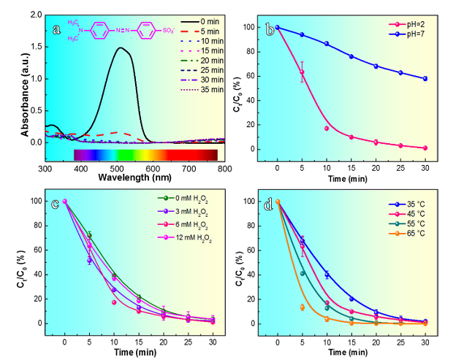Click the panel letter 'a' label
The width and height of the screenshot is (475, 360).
click(56, 30)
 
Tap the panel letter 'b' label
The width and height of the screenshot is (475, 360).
click(270, 30)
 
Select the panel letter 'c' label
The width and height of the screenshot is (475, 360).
click(56, 204)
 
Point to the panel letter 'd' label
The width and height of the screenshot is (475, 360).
click(269, 204)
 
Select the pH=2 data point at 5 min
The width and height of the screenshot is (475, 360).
click(301, 72)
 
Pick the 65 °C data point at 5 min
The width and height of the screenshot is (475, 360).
click(302, 307)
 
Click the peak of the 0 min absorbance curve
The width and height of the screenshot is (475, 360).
click(119, 48)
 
